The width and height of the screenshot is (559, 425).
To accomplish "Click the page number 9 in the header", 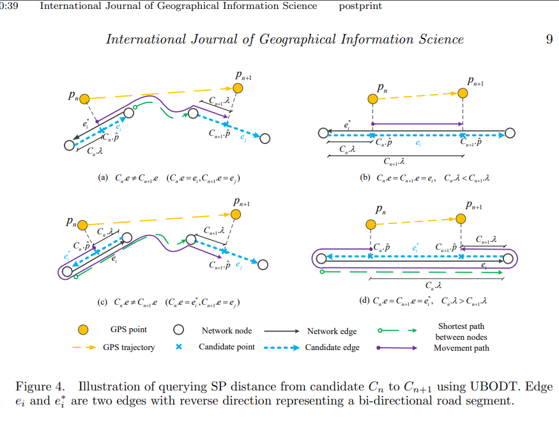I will point(549,40).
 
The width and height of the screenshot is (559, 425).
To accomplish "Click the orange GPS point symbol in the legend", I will point(82,330).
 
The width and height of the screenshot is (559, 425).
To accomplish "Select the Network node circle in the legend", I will point(179,330).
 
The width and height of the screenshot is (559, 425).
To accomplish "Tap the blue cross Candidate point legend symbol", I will point(179,347).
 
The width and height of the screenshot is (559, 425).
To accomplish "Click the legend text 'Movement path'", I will point(461,348).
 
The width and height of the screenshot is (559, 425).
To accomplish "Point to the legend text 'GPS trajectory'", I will point(129,348).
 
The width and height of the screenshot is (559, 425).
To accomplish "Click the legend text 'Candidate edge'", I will point(332,348).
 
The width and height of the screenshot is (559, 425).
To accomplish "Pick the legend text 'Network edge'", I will point(332,331).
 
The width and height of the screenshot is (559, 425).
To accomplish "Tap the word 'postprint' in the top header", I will point(360,6).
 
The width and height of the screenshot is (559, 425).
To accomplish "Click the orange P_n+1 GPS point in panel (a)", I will point(238,88).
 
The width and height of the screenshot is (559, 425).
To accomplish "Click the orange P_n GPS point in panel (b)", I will point(372,99).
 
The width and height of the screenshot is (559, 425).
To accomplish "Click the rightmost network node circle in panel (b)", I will point(510,133).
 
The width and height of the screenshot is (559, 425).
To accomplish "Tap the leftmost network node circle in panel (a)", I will point(69,146).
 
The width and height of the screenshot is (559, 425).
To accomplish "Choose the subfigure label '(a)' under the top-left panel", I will point(103,178).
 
